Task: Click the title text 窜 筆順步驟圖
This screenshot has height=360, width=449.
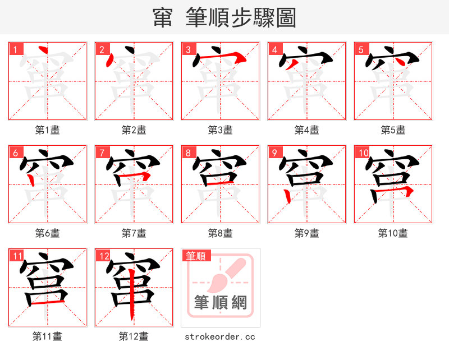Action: (224, 18)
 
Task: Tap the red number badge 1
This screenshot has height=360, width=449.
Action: (15, 49)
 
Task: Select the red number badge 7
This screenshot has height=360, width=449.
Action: (102, 153)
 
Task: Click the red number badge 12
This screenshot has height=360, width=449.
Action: (103, 256)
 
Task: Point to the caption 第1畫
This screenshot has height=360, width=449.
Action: (47, 130)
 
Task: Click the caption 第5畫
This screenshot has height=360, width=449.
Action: (393, 130)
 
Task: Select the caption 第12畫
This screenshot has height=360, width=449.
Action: (134, 336)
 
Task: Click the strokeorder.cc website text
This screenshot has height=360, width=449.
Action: (220, 336)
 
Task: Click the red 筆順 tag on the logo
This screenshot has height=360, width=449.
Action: (196, 256)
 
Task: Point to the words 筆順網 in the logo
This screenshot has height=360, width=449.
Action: (221, 302)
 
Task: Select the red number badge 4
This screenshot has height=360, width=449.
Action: (274, 49)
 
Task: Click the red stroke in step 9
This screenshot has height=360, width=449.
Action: (288, 196)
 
